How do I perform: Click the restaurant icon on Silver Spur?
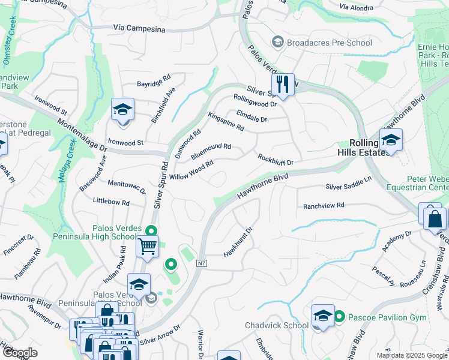click(283, 85)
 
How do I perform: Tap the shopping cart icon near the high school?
click(147, 246)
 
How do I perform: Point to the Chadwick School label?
click(276, 325)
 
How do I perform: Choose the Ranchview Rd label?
click(324, 205)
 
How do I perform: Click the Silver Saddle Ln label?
click(349, 183)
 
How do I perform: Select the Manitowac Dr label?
click(127, 187)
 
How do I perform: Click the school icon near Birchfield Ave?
click(122, 110)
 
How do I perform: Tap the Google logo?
click(20, 353)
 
